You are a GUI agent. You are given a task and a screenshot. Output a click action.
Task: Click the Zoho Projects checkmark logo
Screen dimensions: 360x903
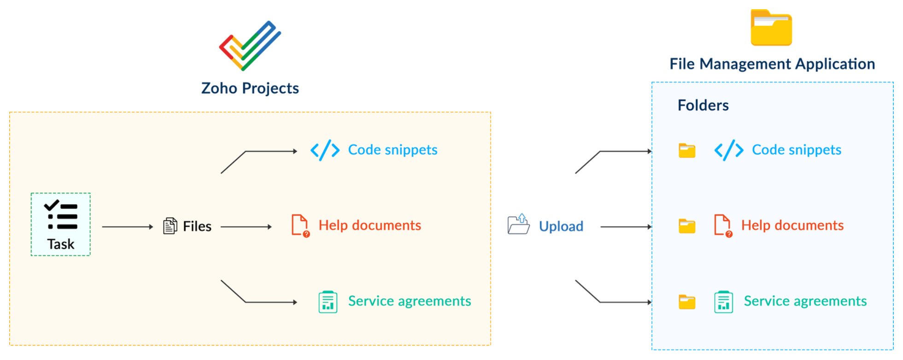tap(250, 45)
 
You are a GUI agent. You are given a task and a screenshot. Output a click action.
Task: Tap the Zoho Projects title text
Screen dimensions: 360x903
tap(250, 88)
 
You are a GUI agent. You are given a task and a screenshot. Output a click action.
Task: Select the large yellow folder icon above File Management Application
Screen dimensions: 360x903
tap(771, 28)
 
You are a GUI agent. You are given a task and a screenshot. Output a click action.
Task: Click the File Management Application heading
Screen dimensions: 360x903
tap(772, 64)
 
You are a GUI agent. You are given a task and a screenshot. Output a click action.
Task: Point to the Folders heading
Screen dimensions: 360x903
tap(703, 106)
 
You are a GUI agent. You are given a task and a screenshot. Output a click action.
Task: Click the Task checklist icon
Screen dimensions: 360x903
tap(61, 215)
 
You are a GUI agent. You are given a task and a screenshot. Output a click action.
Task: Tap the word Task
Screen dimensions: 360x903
tap(60, 244)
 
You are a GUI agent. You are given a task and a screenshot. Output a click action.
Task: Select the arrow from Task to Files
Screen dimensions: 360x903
tap(127, 227)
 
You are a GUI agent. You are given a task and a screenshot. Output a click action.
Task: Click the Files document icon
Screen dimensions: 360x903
tap(170, 226)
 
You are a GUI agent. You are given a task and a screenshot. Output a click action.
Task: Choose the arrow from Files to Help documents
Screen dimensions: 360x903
tap(246, 227)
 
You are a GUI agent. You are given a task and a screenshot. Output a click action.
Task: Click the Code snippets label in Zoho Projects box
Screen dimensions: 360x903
tap(393, 150)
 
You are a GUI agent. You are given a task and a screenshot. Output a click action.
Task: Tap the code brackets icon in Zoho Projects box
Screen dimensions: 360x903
tap(325, 150)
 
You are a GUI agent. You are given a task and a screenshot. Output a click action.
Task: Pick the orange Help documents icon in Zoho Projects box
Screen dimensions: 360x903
tap(300, 225)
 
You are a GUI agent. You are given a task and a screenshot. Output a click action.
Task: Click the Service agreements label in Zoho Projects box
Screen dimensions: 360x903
tap(409, 301)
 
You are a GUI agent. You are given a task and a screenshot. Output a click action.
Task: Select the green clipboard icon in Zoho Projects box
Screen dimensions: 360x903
tap(328, 302)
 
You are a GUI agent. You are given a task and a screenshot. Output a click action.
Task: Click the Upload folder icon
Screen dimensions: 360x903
tap(519, 224)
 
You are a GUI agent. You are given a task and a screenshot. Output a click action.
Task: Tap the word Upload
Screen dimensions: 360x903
tap(561, 226)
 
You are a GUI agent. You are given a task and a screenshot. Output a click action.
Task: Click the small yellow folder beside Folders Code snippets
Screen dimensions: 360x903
tap(687, 151)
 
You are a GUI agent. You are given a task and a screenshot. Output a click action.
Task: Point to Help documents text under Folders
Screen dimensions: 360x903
tap(792, 225)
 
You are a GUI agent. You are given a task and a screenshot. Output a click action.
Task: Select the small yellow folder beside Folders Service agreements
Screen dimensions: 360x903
tap(687, 302)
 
